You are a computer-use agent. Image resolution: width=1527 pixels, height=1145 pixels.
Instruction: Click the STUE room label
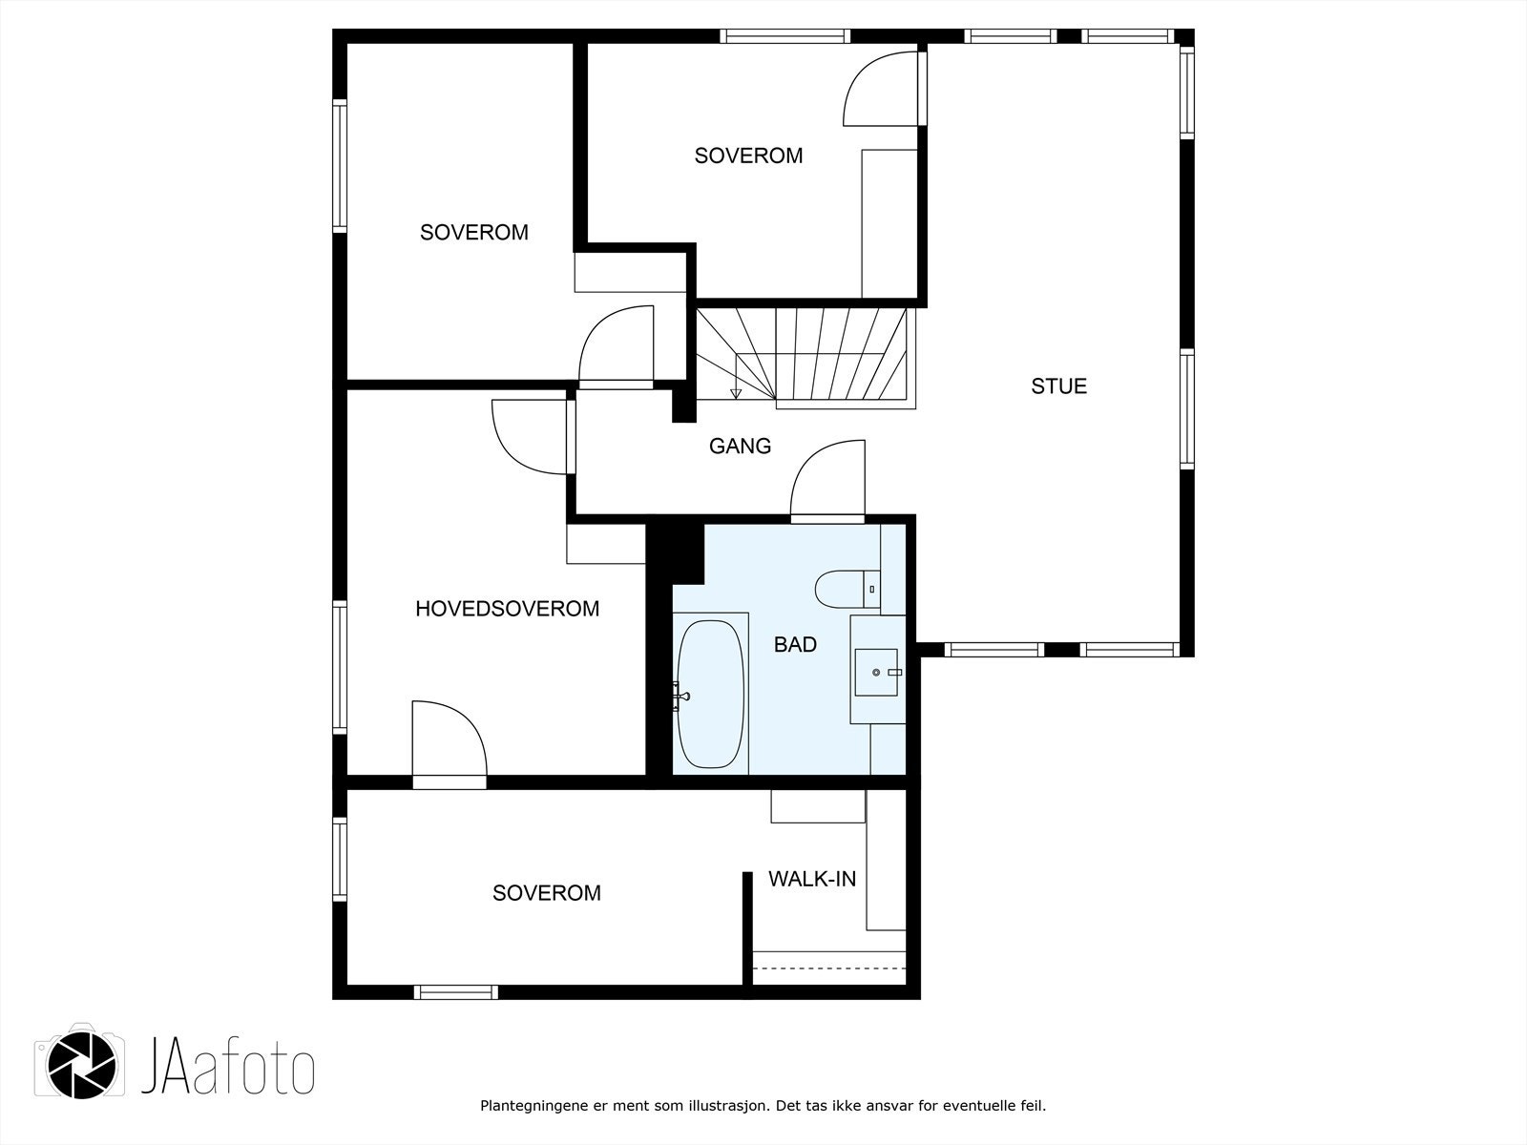pos(1058,386)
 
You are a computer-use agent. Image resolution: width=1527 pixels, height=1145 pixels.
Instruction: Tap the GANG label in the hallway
pos(740,446)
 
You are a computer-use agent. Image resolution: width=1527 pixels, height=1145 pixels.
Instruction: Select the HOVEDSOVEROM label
pos(507,609)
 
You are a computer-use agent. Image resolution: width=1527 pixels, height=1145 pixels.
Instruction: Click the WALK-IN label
pos(812,880)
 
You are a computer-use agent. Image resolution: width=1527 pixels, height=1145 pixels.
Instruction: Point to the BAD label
pos(795,645)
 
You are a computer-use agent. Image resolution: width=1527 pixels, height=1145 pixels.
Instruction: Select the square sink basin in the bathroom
pos(876,672)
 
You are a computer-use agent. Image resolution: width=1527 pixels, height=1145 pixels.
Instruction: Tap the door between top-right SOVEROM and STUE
pos(883,88)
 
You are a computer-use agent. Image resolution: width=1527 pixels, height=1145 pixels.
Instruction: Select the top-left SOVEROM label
pos(473,233)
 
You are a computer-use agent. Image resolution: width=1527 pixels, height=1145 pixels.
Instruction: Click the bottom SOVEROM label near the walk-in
pos(546,893)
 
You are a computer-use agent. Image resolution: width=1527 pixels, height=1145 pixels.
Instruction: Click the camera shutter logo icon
pos(81,1074)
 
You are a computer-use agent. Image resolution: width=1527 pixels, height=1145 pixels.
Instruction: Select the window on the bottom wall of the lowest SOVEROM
pos(456,992)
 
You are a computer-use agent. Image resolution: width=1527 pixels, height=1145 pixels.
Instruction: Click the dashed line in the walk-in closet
pos(828,968)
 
